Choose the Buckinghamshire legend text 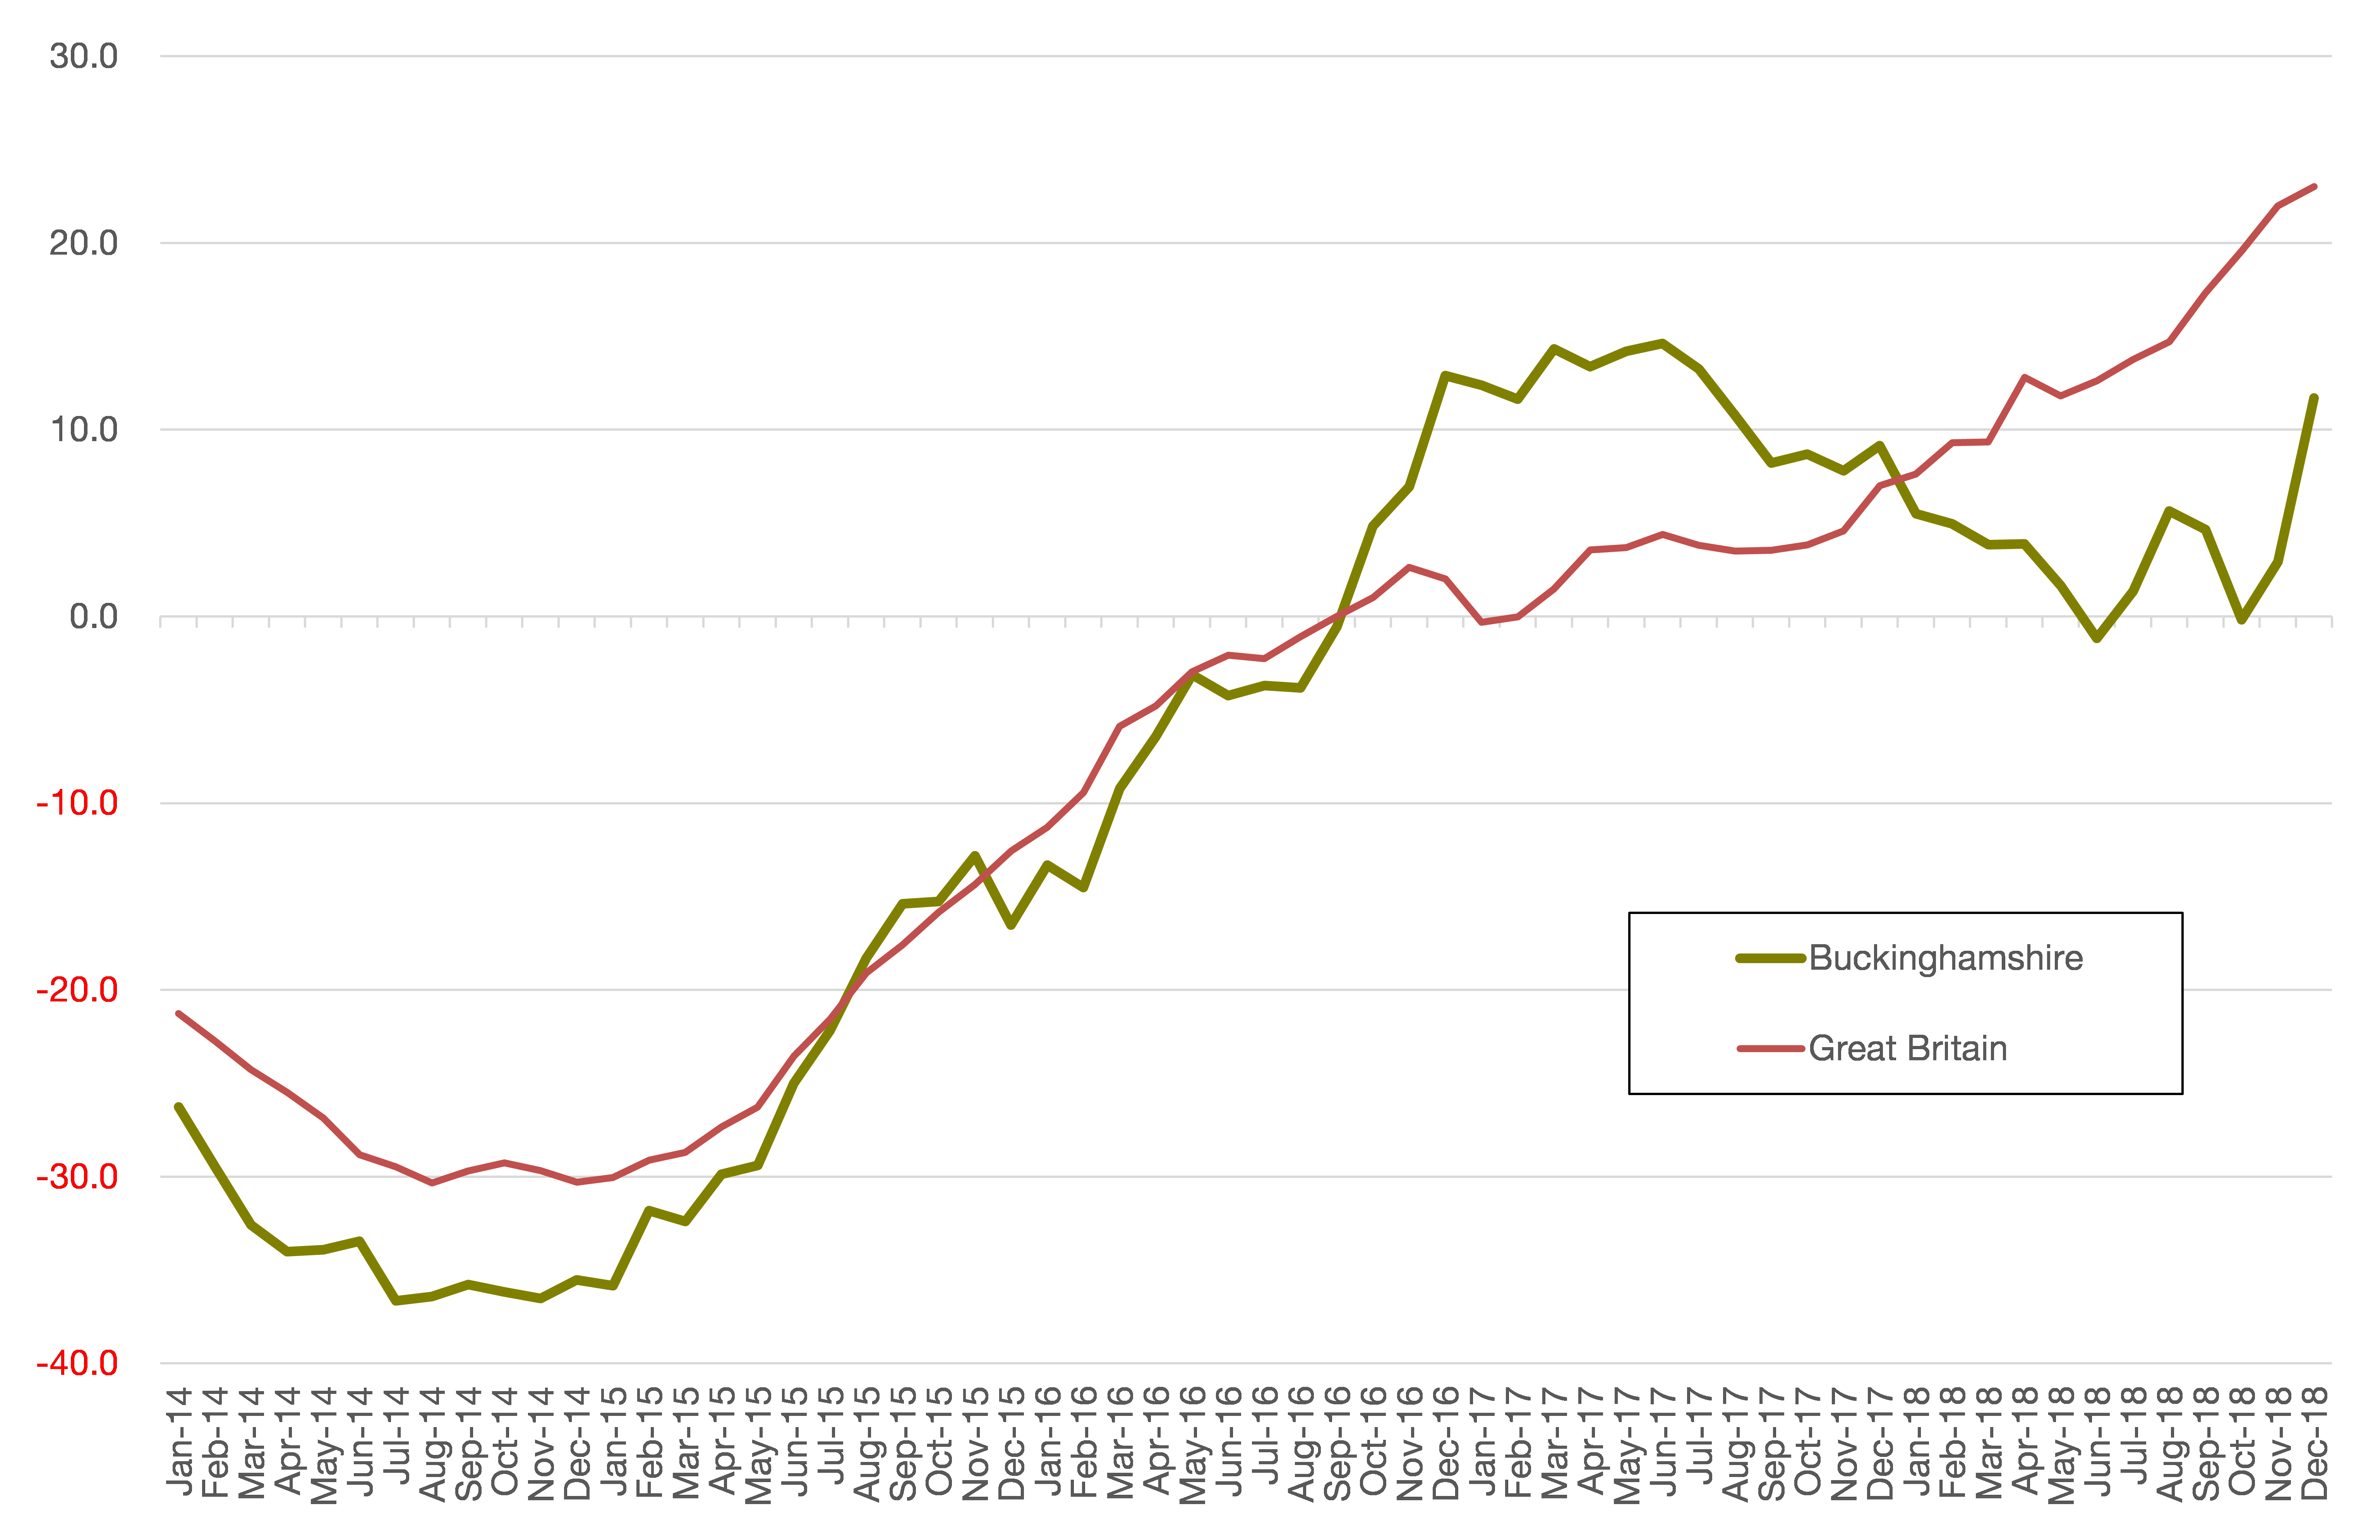tap(1945, 958)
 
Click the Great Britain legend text tap(1907, 1048)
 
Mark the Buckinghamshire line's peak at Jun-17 tap(1663, 343)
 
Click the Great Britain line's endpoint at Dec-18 tap(2315, 187)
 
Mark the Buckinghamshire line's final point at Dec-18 tap(2315, 398)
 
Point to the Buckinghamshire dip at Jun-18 tap(2097, 638)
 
